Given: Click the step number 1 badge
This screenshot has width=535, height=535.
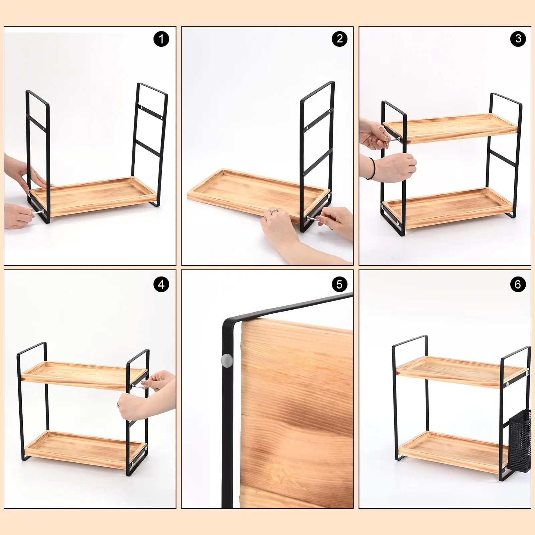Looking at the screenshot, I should (161, 39).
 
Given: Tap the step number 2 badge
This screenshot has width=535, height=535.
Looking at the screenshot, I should (339, 39).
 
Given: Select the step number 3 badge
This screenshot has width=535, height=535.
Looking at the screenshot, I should (518, 39).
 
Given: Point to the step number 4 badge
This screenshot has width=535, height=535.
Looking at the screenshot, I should (161, 285).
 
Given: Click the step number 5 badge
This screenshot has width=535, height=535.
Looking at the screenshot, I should (339, 285).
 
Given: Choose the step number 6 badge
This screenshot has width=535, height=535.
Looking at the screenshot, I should (518, 285).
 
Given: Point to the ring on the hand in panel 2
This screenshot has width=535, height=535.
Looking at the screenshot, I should (274, 211).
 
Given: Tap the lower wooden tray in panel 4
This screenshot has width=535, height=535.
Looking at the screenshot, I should (84, 448).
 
